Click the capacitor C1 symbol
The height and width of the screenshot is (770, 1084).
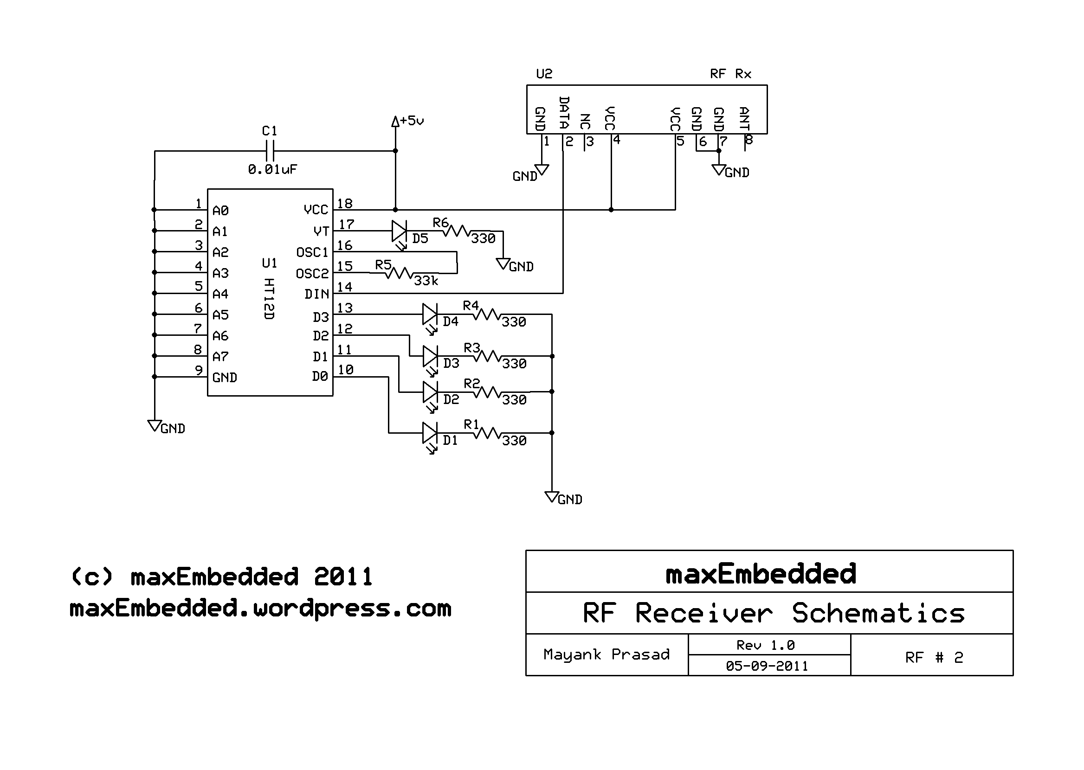click(269, 151)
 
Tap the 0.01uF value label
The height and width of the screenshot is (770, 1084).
click(272, 169)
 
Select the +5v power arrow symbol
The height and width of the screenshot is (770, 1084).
click(395, 122)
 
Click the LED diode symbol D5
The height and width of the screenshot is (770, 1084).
click(399, 232)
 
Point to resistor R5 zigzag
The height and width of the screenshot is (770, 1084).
click(399, 273)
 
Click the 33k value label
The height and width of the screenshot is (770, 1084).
click(426, 281)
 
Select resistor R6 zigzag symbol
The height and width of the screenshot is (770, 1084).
click(456, 231)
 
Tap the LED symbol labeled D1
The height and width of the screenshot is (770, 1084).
click(430, 433)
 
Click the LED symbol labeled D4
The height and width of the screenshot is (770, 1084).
click(430, 314)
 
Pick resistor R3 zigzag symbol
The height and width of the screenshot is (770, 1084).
click(487, 356)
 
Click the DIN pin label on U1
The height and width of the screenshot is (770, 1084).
click(317, 295)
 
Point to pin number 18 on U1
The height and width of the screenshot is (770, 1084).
click(345, 204)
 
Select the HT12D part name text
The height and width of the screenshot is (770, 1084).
click(269, 299)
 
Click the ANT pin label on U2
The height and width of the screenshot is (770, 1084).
click(744, 119)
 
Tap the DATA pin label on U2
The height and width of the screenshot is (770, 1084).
click(564, 113)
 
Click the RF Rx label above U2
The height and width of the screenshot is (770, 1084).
click(730, 74)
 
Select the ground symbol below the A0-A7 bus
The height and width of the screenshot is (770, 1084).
click(155, 425)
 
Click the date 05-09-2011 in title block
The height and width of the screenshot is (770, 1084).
click(767, 666)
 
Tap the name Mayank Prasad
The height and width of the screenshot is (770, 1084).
click(606, 655)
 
